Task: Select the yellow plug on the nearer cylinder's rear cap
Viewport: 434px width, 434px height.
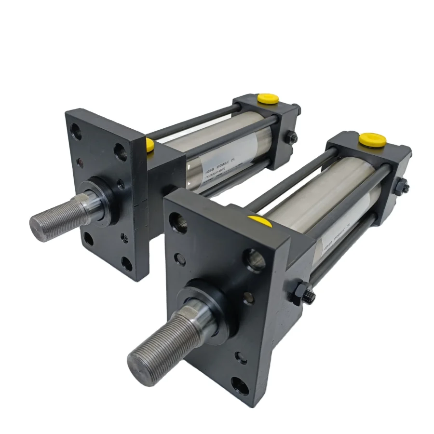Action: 372,140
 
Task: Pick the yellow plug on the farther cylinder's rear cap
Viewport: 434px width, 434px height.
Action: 269,99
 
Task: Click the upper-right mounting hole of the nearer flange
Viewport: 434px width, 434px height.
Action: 254,260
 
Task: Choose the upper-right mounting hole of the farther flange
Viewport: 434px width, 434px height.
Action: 120,151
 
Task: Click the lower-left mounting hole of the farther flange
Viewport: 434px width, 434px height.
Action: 89,238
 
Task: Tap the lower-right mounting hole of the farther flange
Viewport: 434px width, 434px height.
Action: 127,263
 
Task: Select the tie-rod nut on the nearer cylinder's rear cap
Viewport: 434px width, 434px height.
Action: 401,186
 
